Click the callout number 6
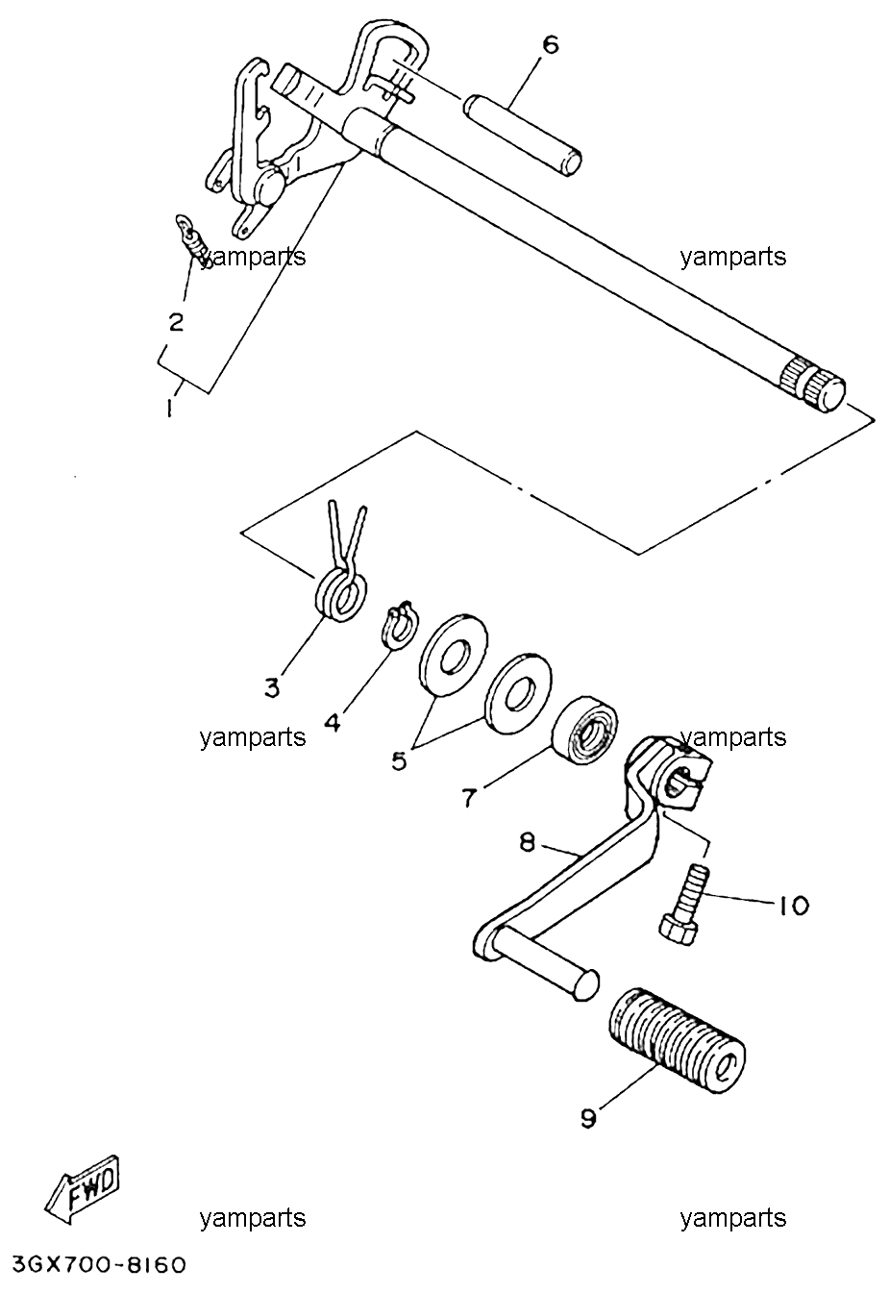pos(551,45)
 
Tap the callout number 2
pos(176,321)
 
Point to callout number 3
pos(272,687)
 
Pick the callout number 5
pos(399,760)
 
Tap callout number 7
pos(469,798)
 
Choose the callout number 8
pos(527,843)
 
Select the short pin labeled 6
pos(522,134)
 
